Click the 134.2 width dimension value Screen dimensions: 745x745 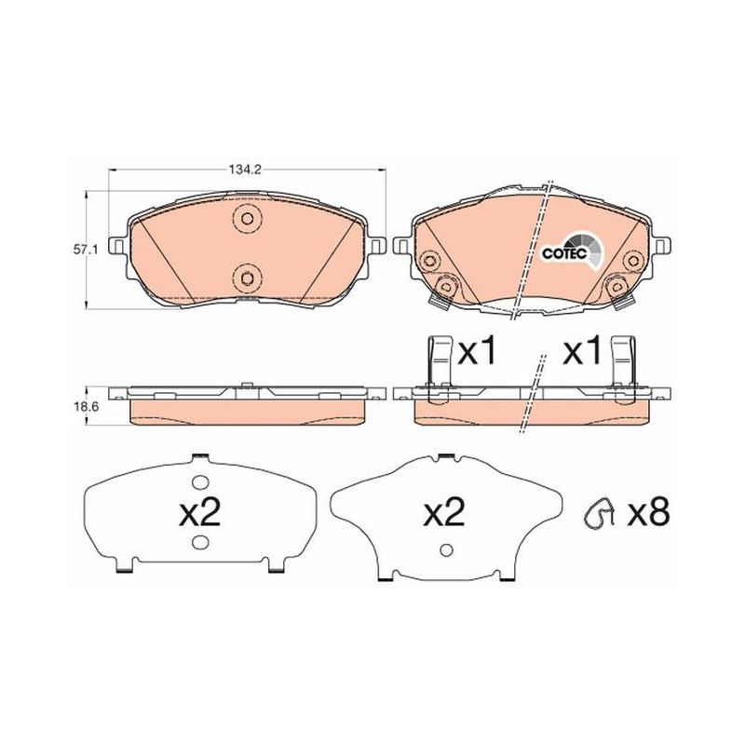pos(246,169)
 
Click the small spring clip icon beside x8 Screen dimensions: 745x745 pos(599,513)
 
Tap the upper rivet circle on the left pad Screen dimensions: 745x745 pos(247,219)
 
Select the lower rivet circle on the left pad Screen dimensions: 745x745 pos(247,277)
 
